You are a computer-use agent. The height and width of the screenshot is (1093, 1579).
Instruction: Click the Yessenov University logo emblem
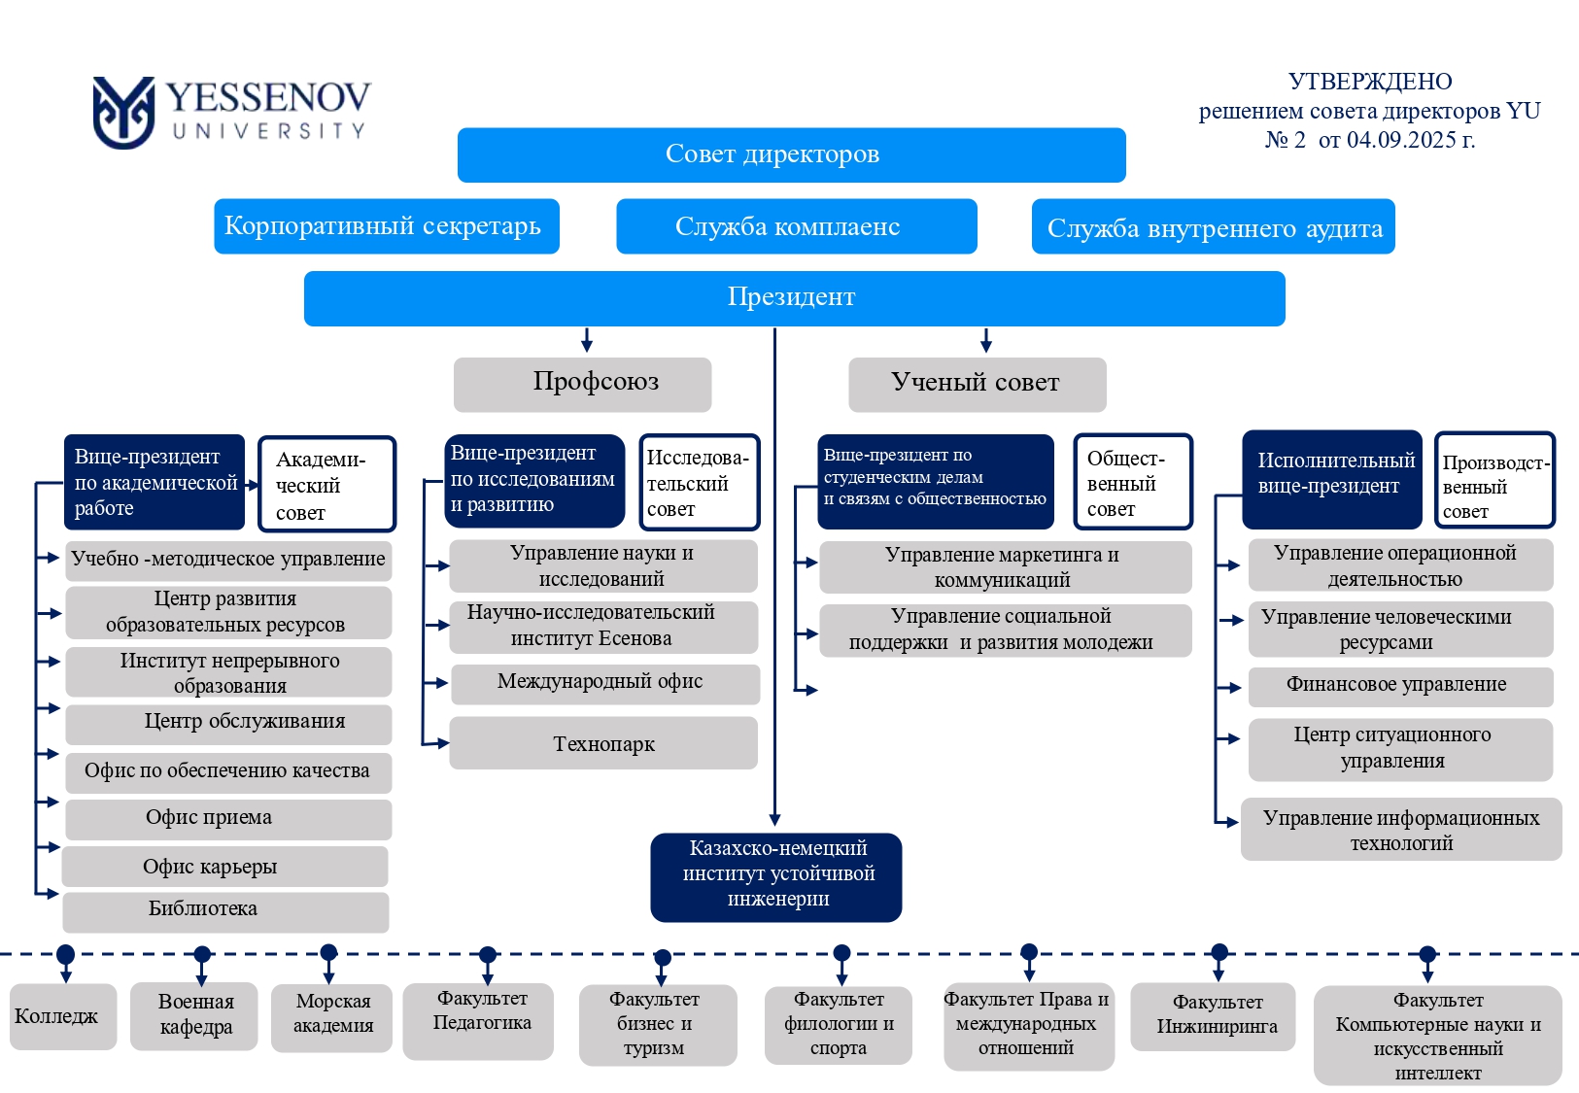123,113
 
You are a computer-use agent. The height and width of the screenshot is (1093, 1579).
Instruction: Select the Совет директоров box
791,154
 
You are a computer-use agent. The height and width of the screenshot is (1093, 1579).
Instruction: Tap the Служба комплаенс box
796,226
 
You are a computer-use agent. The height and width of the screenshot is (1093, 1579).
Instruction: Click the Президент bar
794,297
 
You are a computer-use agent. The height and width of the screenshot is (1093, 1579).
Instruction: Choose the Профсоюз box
582,384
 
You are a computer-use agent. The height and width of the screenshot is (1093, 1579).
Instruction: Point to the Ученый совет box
977,384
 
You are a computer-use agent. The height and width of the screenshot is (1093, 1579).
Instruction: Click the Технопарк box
603,743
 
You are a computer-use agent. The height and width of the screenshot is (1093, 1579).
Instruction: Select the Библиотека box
225,910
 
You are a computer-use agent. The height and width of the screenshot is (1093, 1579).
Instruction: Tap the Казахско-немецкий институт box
776,875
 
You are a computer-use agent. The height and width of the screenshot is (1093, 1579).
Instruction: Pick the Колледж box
62,1016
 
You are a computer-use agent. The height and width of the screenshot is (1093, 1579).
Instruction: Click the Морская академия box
332,1015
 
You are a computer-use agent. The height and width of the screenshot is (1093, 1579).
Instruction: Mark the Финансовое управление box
1399,686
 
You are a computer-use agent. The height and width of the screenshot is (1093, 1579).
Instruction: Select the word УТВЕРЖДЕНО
1369,82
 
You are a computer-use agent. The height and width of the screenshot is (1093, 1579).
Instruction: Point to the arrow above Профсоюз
586,340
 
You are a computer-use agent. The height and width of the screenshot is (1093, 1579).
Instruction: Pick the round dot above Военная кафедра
202,954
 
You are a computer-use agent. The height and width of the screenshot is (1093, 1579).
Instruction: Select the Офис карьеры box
225,867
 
